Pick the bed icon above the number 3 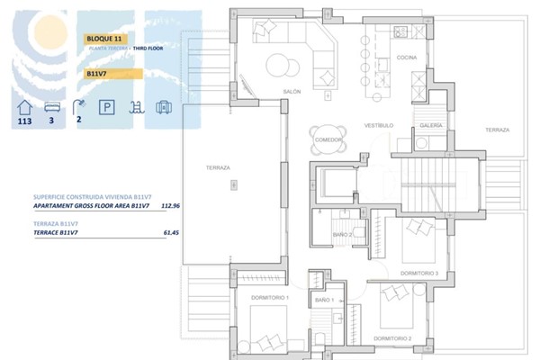pyautogui.click(x=52, y=108)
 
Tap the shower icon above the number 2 pyautogui.click(x=79, y=108)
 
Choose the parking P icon pyautogui.click(x=107, y=109)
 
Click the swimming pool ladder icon pyautogui.click(x=135, y=109)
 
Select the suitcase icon pyautogui.click(x=162, y=109)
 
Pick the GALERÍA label pyautogui.click(x=431, y=126)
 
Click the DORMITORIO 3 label pyautogui.click(x=418, y=273)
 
